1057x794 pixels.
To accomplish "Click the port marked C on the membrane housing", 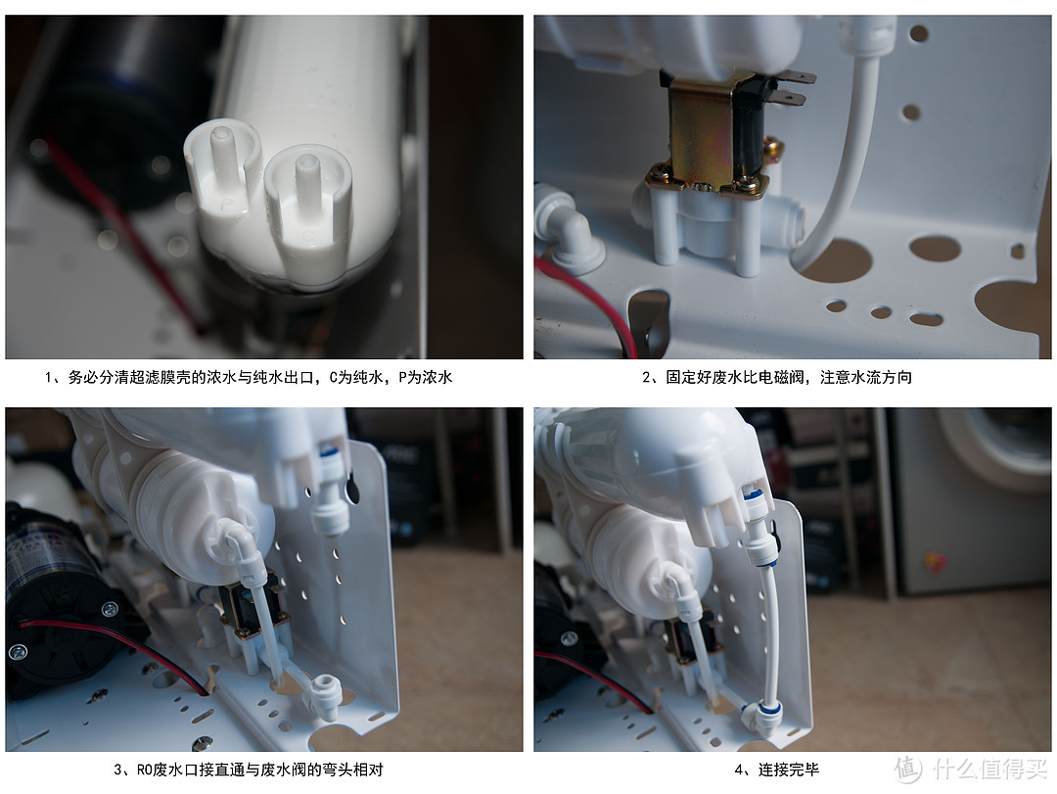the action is click(x=307, y=203).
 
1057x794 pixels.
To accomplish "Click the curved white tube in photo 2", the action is click(x=843, y=155).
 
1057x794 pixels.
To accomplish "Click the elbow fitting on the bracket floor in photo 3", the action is click(x=322, y=695).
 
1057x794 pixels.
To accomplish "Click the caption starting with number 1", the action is click(x=248, y=377).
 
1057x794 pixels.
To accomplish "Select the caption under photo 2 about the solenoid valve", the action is click(x=776, y=377).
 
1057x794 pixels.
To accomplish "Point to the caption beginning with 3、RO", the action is click(x=248, y=770).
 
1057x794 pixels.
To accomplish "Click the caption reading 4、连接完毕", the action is click(x=776, y=770).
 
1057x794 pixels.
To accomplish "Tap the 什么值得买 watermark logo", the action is click(x=972, y=770).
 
